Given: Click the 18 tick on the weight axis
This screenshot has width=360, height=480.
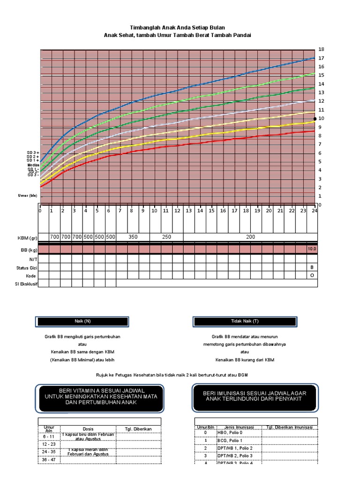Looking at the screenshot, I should pyautogui.click(x=321, y=49).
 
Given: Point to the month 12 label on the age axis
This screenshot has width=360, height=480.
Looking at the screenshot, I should pyautogui.click(x=177, y=211).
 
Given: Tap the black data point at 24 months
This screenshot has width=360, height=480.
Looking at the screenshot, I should pyautogui.click(x=315, y=119).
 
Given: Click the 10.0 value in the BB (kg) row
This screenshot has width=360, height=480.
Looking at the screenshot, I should pyautogui.click(x=312, y=249).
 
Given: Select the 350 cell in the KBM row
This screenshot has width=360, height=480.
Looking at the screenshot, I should pyautogui.click(x=133, y=237).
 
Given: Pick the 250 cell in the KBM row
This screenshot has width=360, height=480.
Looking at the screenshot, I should pyautogui.click(x=166, y=237).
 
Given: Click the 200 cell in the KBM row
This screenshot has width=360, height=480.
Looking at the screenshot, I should pyautogui.click(x=250, y=237).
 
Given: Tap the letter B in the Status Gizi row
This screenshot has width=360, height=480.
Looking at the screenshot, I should pyautogui.click(x=312, y=267).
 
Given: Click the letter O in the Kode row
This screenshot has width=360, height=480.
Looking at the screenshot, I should pyautogui.click(x=312, y=276).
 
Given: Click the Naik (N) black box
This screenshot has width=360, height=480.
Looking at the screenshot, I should pyautogui.click(x=82, y=321).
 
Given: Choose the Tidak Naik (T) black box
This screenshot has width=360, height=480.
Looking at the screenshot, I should pyautogui.click(x=245, y=321).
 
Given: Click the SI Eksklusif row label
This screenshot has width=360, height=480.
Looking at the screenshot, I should pyautogui.click(x=25, y=284).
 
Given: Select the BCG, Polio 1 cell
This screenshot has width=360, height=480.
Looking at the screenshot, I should pyautogui.click(x=230, y=441).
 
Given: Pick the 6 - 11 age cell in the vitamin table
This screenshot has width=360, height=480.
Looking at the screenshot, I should pyautogui.click(x=49, y=436).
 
